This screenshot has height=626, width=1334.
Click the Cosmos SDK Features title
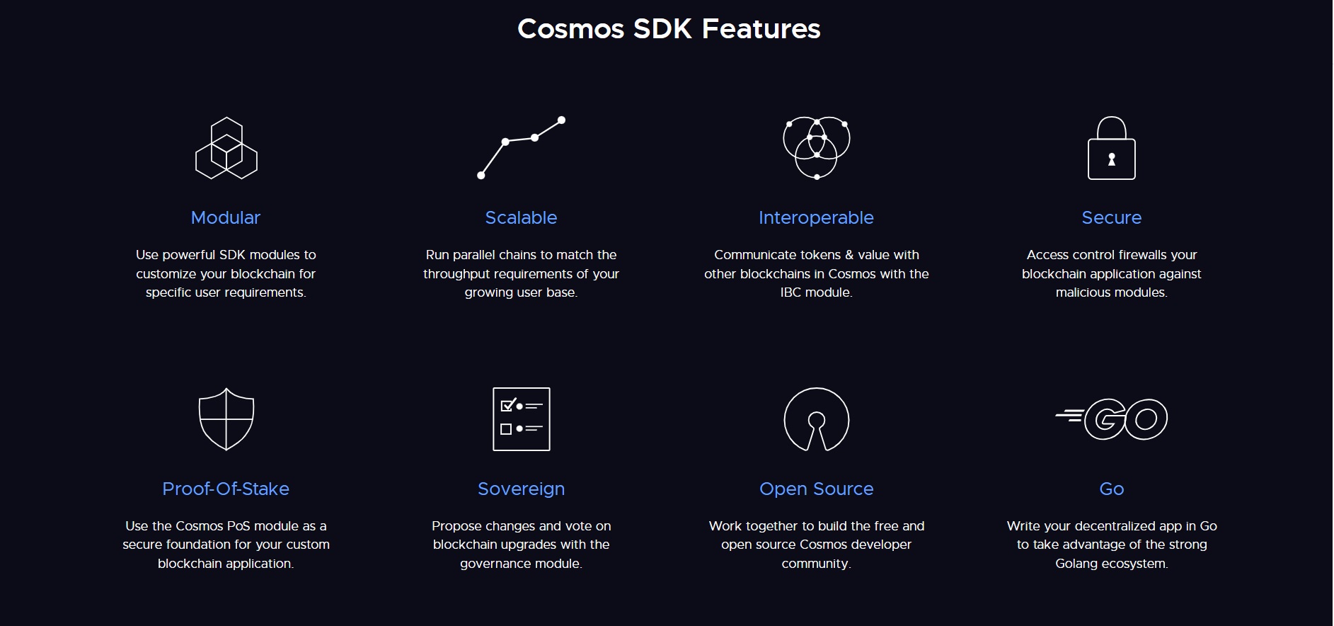[x=669, y=29]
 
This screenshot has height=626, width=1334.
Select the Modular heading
[x=226, y=217]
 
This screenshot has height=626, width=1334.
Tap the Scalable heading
[x=521, y=217]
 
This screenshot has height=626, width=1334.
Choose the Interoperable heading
[x=816, y=217]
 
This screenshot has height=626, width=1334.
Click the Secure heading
[x=1111, y=217]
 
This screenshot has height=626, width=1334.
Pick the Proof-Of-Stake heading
[x=226, y=489]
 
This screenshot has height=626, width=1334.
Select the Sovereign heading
[x=521, y=489]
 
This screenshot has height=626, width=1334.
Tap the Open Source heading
[x=816, y=489]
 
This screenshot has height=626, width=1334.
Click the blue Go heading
[x=1111, y=489]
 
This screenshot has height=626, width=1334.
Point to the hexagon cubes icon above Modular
[x=226, y=148]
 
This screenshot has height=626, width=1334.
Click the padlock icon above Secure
[x=1111, y=148]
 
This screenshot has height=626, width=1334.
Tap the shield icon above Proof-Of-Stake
[x=226, y=419]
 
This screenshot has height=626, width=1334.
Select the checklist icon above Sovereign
[x=522, y=419]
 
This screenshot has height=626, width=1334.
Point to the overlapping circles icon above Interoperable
[x=817, y=148]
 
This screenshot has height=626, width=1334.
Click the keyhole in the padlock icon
[x=1111, y=159]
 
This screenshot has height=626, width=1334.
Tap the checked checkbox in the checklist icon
[x=507, y=406]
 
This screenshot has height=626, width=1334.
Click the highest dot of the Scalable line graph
[x=561, y=120]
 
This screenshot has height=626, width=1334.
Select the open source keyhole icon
[x=817, y=419]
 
